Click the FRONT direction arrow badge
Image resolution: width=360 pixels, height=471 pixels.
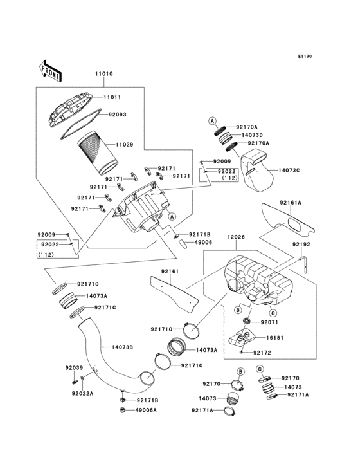click(x=51, y=70)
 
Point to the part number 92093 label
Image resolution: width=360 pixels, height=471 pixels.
click(x=117, y=115)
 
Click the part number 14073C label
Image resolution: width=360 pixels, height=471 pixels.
click(x=289, y=171)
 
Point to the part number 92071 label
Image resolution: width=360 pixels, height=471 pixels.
click(x=270, y=321)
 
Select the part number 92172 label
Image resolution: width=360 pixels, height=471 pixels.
click(x=264, y=353)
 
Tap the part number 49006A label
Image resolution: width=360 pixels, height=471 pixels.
click(x=147, y=410)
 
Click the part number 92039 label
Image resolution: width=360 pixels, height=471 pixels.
click(x=74, y=367)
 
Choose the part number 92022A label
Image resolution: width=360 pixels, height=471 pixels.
click(x=83, y=393)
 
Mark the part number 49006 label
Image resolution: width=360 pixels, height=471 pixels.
click(x=202, y=243)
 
